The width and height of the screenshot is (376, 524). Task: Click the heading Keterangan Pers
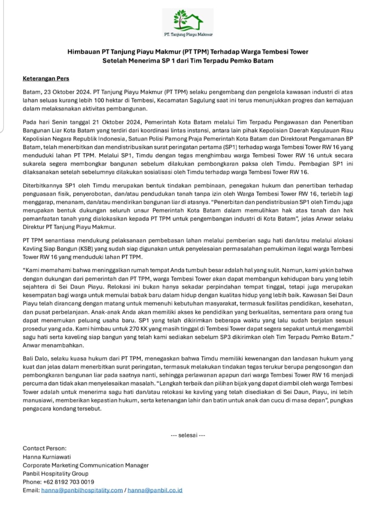pos(46,78)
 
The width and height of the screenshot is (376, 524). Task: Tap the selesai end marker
pos(188,435)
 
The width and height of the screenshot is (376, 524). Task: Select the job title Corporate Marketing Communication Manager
pos(86,465)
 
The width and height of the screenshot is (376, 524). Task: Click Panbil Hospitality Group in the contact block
pos(55,473)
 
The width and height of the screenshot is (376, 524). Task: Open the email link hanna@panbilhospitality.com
pos(82,490)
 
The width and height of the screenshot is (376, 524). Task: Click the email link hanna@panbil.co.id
pos(155,490)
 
